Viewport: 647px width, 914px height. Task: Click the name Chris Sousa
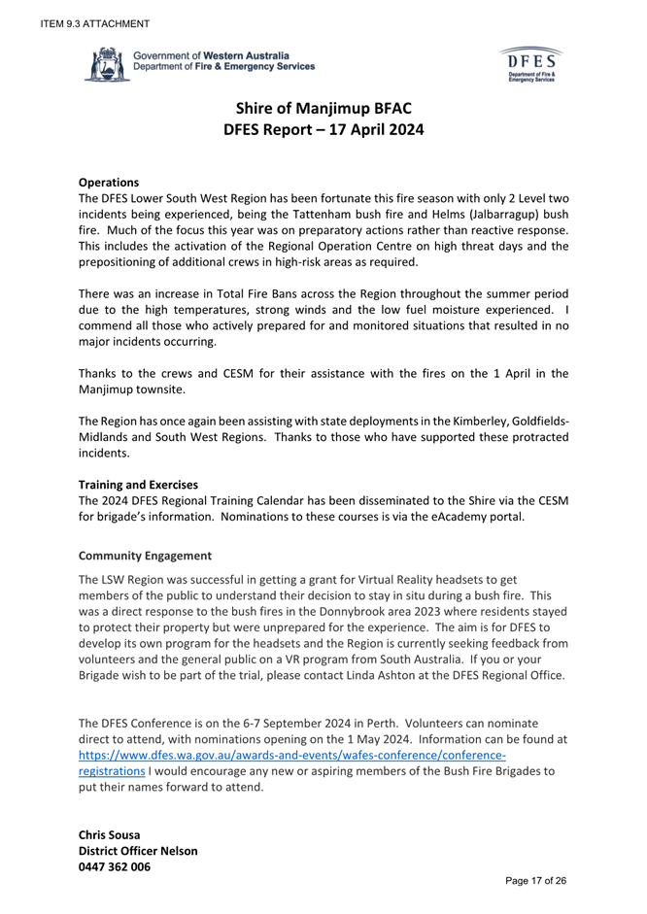pos(121,831)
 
